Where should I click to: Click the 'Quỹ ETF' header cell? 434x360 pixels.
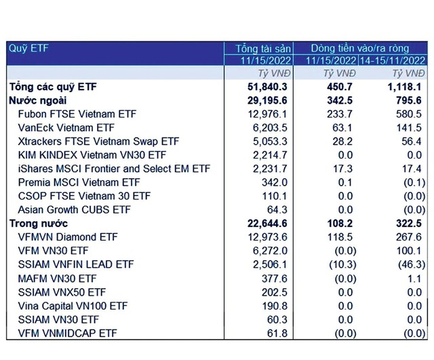(x=28, y=48)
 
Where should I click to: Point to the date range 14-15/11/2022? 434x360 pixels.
(x=395, y=60)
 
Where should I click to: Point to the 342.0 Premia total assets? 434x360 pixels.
(x=275, y=182)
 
